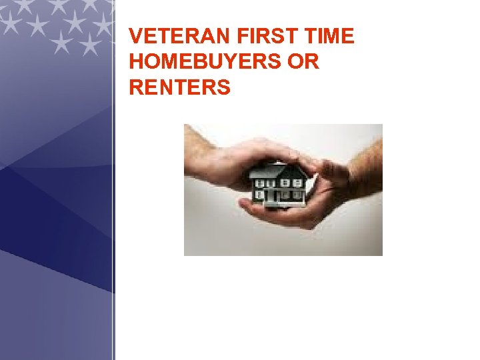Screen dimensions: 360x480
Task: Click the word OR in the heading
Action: (304, 62)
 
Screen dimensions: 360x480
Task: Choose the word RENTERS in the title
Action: (180, 87)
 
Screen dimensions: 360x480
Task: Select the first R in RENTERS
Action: (136, 87)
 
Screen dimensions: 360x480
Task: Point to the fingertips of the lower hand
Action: (247, 208)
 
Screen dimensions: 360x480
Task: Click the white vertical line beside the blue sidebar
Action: (115, 200)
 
